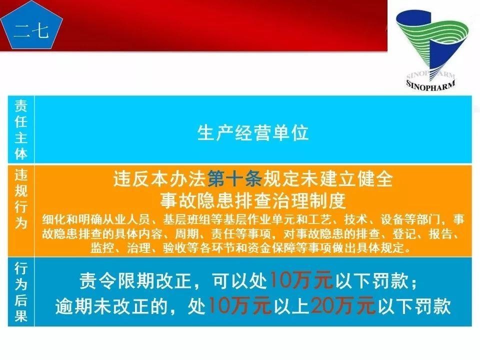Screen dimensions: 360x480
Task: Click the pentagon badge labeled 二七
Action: pyautogui.click(x=31, y=30)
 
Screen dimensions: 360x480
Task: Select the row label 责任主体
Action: pyautogui.click(x=21, y=129)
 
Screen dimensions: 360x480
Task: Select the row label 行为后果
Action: pyautogui.click(x=21, y=292)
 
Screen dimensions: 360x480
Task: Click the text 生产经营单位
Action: pyautogui.click(x=253, y=133)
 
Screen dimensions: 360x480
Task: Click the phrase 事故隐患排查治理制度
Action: pyautogui.click(x=253, y=201)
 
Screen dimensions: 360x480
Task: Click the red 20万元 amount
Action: pyautogui.click(x=342, y=306)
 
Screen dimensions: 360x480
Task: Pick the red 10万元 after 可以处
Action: pyautogui.click(x=301, y=281)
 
